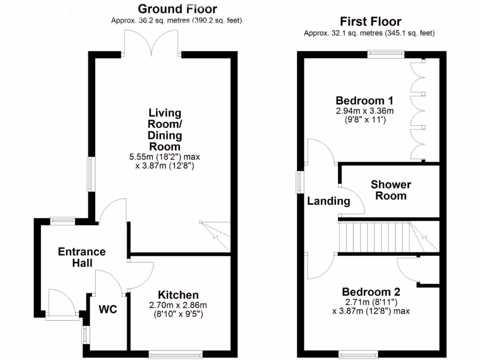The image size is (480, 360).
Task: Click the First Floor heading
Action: point(370,22)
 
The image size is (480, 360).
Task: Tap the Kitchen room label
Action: point(178,295)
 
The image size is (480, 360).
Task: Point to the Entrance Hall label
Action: point(82,257)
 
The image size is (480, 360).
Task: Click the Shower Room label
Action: point(390,190)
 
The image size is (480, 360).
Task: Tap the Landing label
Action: point(329,202)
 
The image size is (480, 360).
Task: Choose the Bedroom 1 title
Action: point(364,101)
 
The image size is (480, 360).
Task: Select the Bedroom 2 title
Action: point(371,292)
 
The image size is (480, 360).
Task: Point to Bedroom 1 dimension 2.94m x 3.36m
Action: point(364,111)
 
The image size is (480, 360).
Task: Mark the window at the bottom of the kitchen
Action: point(176,353)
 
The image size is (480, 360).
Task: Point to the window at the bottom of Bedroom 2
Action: point(358,353)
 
